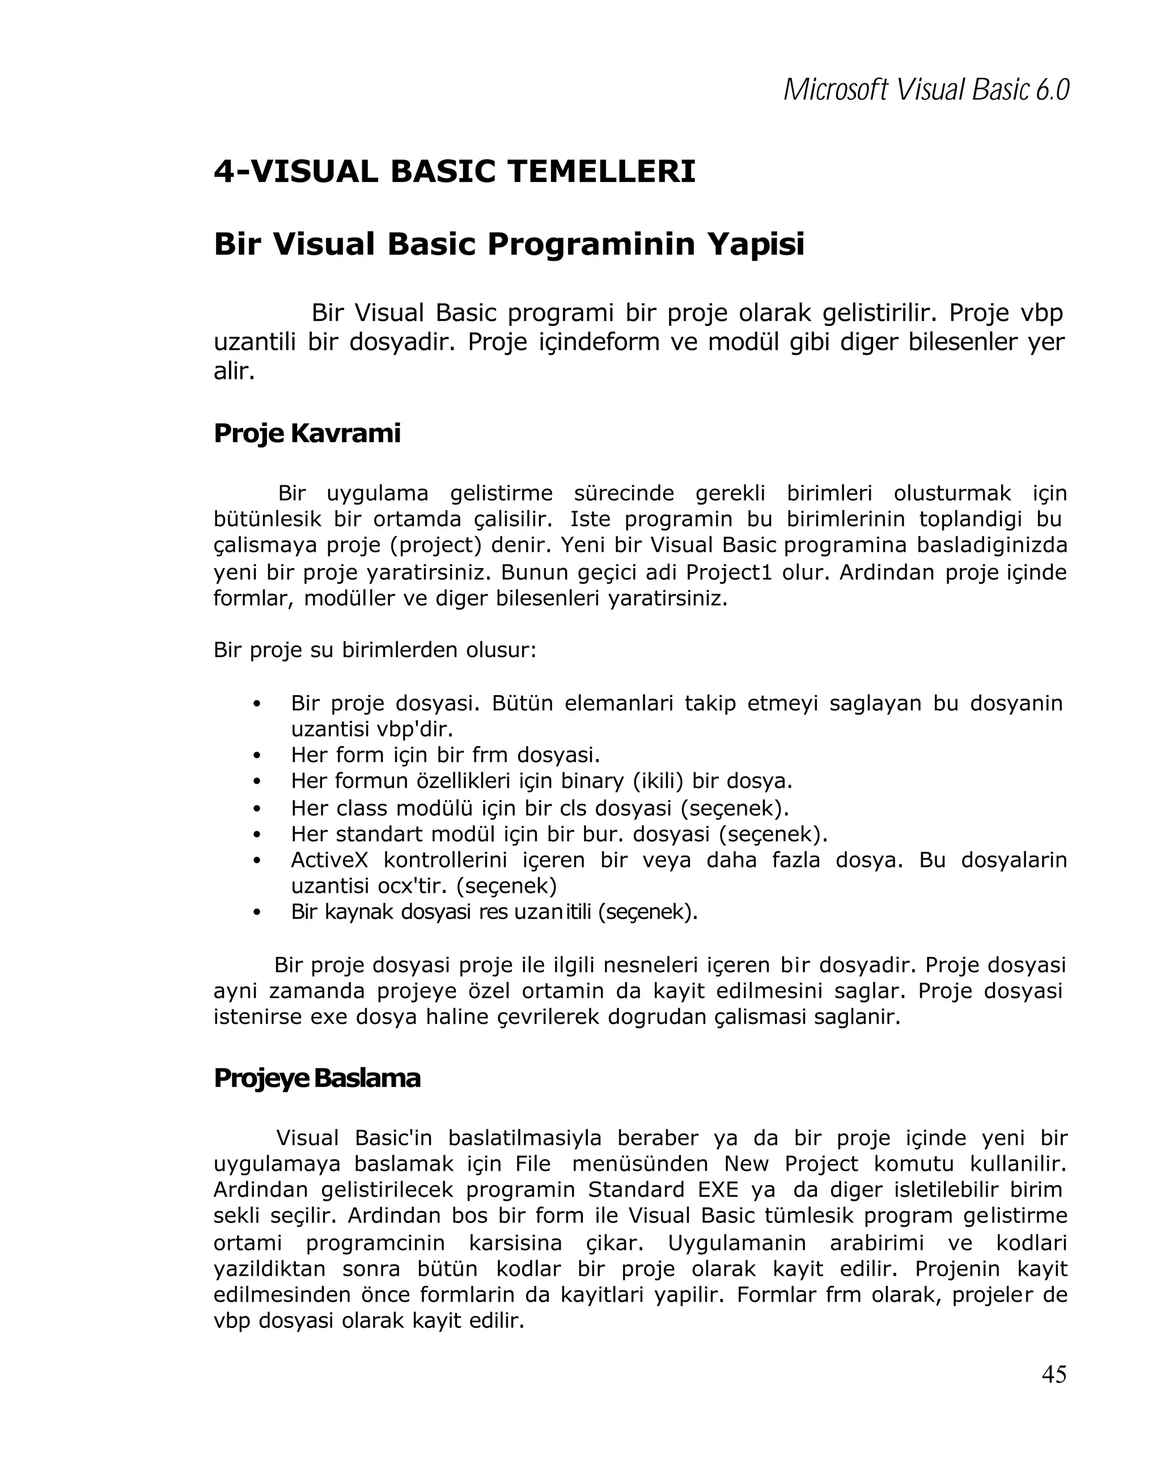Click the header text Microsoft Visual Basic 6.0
[x=925, y=90]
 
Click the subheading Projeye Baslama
[x=316, y=1078]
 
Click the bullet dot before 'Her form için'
[x=256, y=756]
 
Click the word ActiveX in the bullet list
[x=329, y=860]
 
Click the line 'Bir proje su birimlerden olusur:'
[x=375, y=650]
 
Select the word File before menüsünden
[x=533, y=1164]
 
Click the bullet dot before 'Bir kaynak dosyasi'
[x=256, y=913]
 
